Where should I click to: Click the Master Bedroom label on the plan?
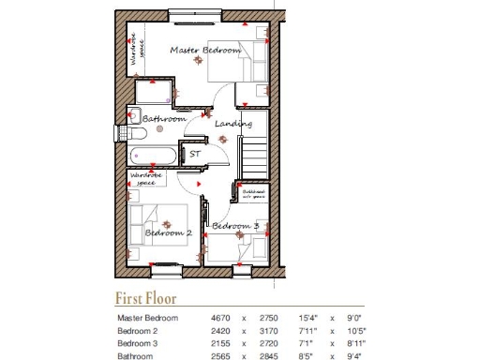pos(204,50)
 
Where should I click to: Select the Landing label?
pos(232,124)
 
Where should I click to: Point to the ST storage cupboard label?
pos(196,153)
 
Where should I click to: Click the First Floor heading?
pos(145,299)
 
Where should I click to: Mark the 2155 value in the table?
pos(221,343)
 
